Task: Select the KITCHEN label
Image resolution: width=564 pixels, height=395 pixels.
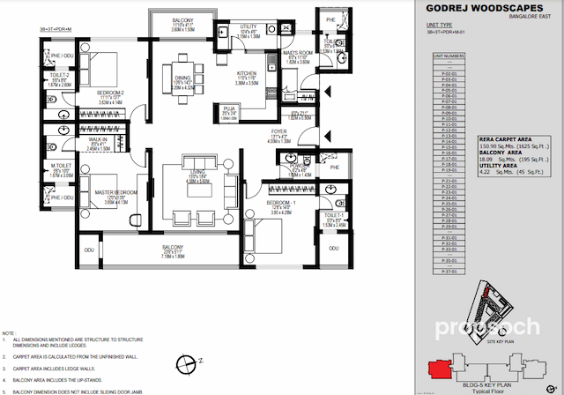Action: click(247, 73)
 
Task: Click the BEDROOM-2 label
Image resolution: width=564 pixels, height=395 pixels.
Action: click(109, 93)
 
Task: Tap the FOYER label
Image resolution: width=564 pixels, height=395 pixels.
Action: click(279, 132)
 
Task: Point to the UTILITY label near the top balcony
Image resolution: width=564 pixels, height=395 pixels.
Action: click(249, 26)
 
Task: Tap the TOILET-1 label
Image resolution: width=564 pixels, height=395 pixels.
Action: click(333, 214)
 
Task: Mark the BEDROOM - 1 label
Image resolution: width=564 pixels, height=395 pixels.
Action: click(279, 202)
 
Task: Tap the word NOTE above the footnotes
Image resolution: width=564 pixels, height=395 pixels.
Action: click(10, 334)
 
